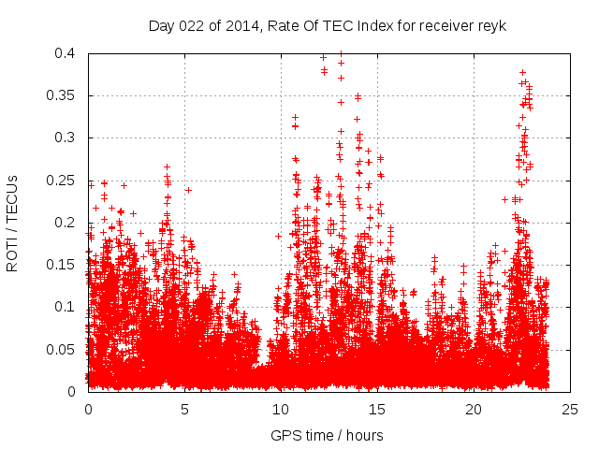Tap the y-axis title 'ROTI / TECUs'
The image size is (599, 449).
click(12, 223)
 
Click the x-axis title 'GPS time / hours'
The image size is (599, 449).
click(327, 435)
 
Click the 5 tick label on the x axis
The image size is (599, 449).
click(184, 409)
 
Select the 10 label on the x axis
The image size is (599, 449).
click(281, 409)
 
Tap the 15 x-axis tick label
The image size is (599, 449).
click(377, 409)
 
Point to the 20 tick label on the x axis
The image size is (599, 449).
click(474, 409)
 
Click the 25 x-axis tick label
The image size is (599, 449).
click(570, 409)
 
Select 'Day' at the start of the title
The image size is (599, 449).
click(161, 25)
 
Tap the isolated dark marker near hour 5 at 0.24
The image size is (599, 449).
click(188, 190)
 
